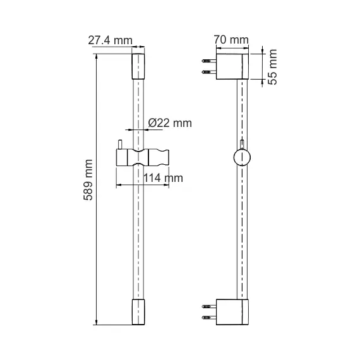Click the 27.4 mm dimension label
click(110, 40)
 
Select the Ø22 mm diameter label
click(169, 124)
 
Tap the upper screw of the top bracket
click(207, 61)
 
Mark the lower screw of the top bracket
click(207, 72)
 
